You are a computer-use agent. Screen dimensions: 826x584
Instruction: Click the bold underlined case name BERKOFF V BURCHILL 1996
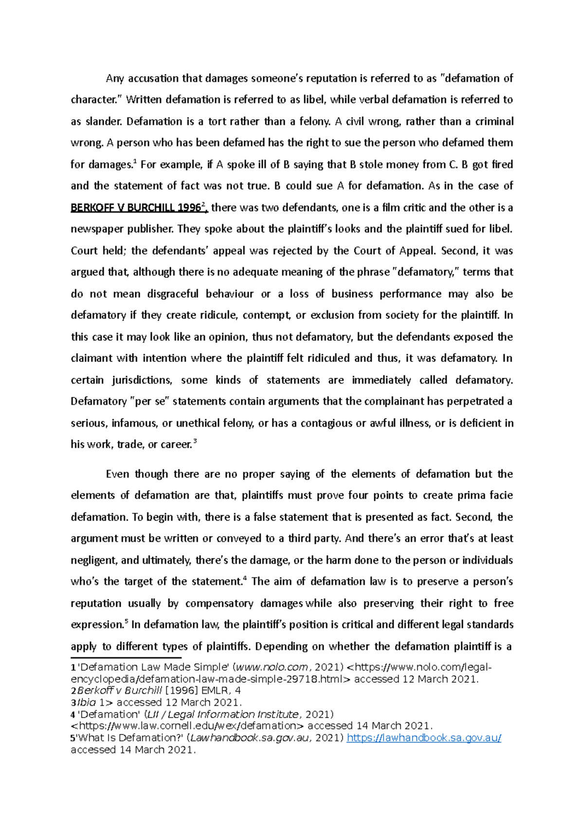tap(136, 208)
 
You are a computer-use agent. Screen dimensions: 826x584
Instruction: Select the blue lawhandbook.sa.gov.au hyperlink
tap(424, 738)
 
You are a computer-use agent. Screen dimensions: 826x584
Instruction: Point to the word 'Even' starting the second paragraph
tap(117, 474)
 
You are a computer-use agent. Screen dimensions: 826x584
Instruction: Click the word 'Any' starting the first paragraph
tap(115, 78)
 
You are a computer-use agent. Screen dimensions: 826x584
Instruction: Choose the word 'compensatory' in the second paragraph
tap(219, 604)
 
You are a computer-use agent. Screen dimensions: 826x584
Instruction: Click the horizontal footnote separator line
tap(126, 658)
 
